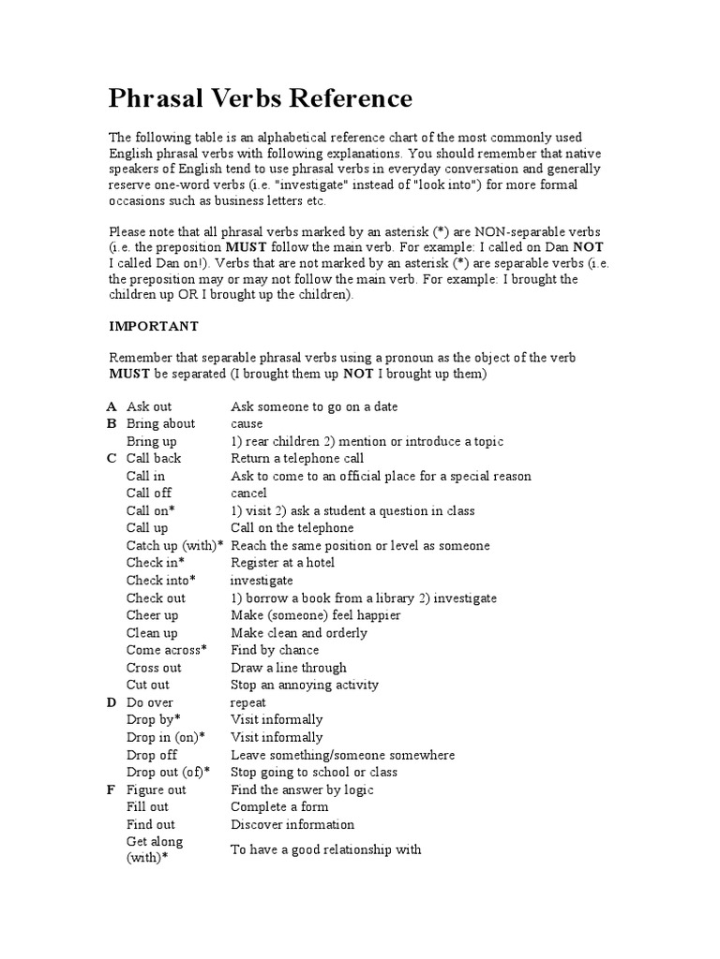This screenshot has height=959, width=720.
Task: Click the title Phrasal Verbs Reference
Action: coord(261,98)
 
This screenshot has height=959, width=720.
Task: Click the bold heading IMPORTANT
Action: coord(154,326)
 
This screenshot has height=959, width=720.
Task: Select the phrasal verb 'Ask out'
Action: coord(149,406)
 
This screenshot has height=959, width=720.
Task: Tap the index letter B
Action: coord(112,423)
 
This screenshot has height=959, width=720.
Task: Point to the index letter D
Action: coord(112,702)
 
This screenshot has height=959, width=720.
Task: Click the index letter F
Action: coord(112,789)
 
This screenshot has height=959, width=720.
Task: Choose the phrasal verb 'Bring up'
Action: coord(151,441)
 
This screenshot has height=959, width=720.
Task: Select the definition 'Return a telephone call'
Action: coord(297,458)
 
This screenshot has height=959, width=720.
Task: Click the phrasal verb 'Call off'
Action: coord(149,493)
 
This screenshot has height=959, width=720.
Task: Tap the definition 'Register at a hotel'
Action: coord(282,563)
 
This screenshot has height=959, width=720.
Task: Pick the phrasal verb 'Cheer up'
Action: coord(152,615)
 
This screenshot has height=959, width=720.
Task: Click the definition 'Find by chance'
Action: coord(275,650)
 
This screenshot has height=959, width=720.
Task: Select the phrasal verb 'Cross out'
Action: coord(154,668)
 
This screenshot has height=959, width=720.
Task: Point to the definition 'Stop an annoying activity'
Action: coord(305,685)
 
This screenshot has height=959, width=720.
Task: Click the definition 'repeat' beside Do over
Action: coord(248,702)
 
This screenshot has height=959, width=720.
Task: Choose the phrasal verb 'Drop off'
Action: coord(151,755)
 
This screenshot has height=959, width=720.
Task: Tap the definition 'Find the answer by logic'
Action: coord(302,789)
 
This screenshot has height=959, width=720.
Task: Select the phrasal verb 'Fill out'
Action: coord(147,806)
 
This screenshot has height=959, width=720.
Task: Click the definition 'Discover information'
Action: coord(292,824)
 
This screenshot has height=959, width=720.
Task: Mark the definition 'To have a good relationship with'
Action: coord(326,849)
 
